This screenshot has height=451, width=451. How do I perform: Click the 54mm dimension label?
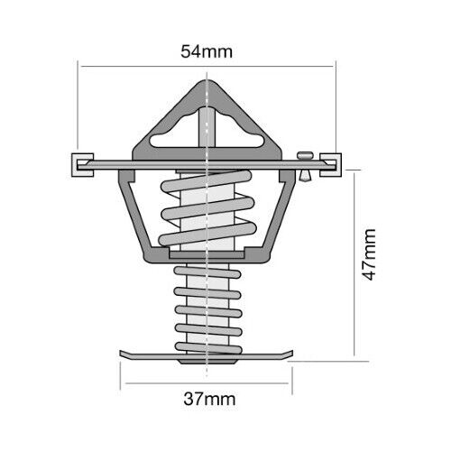pos(207,51)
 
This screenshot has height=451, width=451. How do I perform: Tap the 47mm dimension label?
pos(369,254)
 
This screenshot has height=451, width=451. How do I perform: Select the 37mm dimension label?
pos(209,399)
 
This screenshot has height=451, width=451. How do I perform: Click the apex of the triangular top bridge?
pos(207,81)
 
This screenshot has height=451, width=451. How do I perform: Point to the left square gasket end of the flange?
pos(82,165)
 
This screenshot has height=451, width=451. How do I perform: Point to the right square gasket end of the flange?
pos(330,165)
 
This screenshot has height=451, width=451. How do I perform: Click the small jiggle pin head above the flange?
pos(306,155)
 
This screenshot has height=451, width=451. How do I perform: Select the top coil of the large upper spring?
pos(207,180)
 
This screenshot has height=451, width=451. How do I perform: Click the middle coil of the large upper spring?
pos(207,208)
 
